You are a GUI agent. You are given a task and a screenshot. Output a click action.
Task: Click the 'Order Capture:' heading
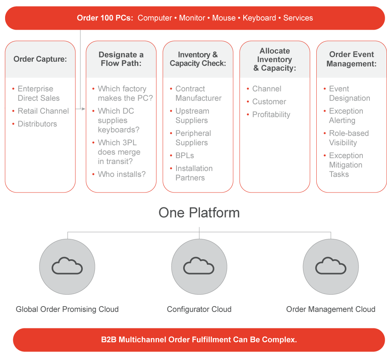(40, 59)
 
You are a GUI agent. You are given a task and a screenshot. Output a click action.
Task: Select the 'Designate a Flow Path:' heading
(121, 59)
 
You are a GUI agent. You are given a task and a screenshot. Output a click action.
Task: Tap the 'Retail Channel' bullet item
(43, 111)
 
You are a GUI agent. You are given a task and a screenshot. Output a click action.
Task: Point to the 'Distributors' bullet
(37, 124)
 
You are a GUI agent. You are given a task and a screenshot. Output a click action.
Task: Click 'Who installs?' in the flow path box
(121, 175)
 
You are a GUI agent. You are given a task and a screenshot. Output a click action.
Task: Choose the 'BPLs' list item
(184, 156)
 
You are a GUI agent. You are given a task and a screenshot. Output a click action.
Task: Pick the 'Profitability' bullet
(271, 115)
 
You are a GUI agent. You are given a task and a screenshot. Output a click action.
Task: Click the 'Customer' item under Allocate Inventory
(269, 102)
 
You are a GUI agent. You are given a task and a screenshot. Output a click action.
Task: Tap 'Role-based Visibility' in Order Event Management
(348, 138)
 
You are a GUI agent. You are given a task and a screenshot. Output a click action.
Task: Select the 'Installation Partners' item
(194, 173)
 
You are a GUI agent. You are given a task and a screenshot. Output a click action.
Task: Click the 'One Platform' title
(199, 213)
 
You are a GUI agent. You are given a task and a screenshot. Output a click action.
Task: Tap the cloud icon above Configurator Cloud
(199, 266)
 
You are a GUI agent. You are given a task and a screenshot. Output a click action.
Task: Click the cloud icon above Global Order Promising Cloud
(67, 266)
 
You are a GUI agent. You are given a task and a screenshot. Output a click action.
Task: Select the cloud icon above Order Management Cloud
(330, 266)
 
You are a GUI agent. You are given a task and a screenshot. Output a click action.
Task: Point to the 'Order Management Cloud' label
(330, 309)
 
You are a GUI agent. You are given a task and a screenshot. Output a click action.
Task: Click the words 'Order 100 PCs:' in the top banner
(105, 18)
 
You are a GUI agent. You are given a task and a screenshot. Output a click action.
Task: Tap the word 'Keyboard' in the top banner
(259, 18)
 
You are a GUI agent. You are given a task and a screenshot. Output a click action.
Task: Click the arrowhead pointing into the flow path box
(83, 109)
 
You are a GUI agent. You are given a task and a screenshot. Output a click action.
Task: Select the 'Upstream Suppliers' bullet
(192, 116)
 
